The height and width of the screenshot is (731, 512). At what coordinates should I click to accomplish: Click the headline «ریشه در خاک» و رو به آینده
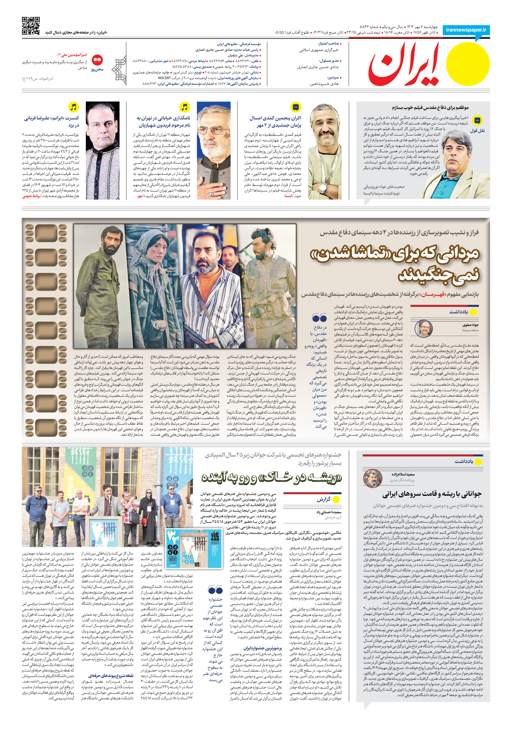tap(271, 478)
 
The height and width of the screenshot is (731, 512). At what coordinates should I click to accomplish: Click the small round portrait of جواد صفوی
tap(424, 329)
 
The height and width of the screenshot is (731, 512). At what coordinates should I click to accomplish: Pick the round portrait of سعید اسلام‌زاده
tap(373, 478)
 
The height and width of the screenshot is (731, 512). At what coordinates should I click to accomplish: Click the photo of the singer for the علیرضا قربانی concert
tap(102, 150)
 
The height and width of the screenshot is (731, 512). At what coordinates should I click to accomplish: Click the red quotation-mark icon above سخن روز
tap(97, 60)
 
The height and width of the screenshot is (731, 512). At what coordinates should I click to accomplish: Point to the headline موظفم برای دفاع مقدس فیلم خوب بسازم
tap(430, 108)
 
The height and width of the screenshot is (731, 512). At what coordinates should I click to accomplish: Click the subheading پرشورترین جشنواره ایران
tap(263, 649)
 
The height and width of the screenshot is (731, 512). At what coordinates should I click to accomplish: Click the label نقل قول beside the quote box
tap(477, 131)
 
